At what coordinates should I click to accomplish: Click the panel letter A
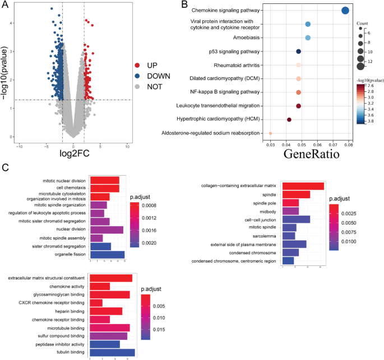click(5, 5)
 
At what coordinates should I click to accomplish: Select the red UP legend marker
click(138, 65)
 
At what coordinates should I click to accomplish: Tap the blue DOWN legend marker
click(138, 76)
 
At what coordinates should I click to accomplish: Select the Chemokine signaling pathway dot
click(345, 10)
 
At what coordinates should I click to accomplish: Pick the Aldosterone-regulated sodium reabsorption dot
click(270, 133)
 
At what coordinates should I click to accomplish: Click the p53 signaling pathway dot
click(299, 52)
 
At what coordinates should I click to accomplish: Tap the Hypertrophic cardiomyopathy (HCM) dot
click(289, 120)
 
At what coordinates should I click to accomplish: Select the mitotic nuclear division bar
click(104, 180)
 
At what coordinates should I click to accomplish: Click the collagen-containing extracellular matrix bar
click(303, 186)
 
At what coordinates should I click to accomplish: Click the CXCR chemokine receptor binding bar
click(96, 303)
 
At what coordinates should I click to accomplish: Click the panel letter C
click(5, 167)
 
